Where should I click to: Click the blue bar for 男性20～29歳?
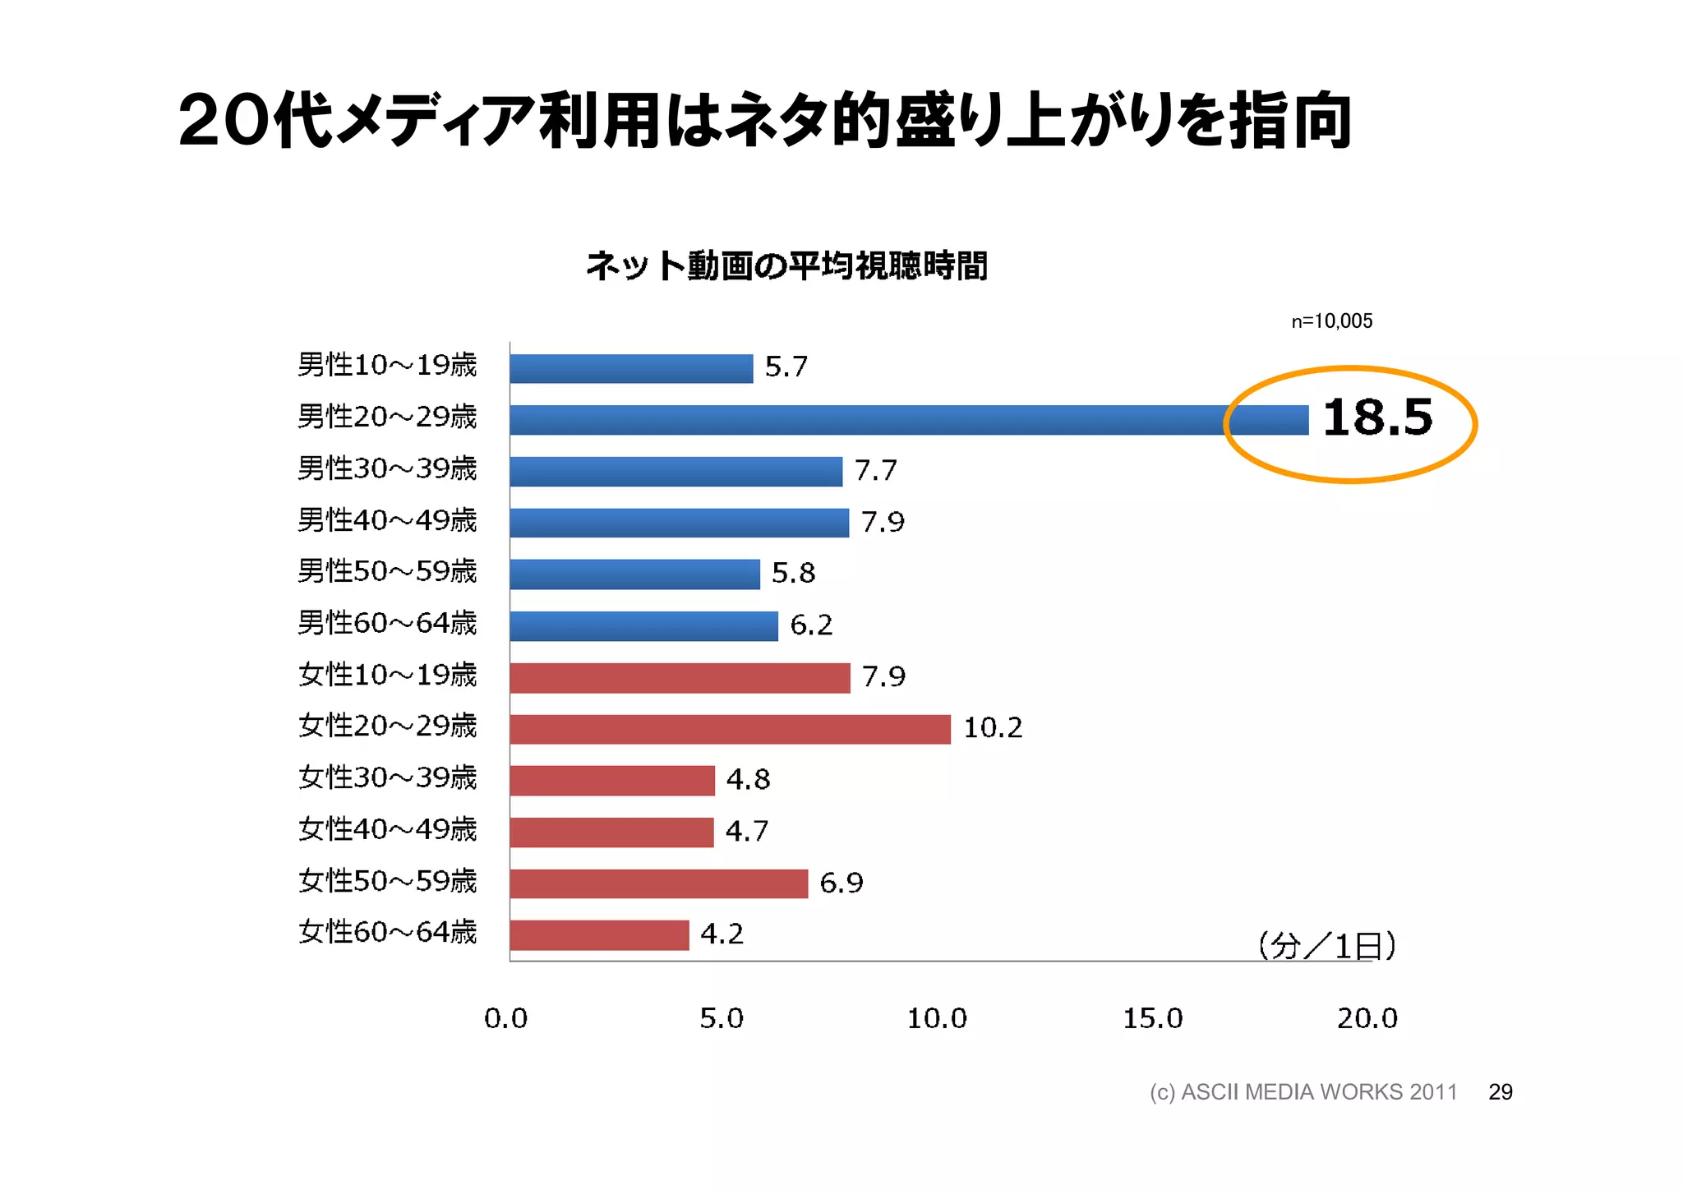point(908,420)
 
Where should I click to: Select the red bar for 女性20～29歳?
point(730,729)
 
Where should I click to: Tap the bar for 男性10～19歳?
point(631,368)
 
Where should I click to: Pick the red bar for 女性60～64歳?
point(599,935)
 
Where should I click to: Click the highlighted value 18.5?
point(1377,417)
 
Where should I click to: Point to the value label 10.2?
point(993,728)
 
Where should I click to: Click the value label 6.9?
point(841,883)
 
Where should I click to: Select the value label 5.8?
point(793,573)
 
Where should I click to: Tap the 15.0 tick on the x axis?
point(1152,1019)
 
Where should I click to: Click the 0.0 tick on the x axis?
point(505,1019)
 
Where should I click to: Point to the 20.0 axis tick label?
point(1367,1019)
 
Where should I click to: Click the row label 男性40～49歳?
point(387,521)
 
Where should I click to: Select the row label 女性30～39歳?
point(387,778)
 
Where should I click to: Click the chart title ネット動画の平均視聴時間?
point(786,266)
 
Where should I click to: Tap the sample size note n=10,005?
point(1331,321)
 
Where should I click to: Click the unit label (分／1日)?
point(1326,947)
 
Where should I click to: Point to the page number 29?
point(1500,1092)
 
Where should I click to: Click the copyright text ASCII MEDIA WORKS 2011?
point(1303,1092)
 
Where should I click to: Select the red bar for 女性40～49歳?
point(611,833)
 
